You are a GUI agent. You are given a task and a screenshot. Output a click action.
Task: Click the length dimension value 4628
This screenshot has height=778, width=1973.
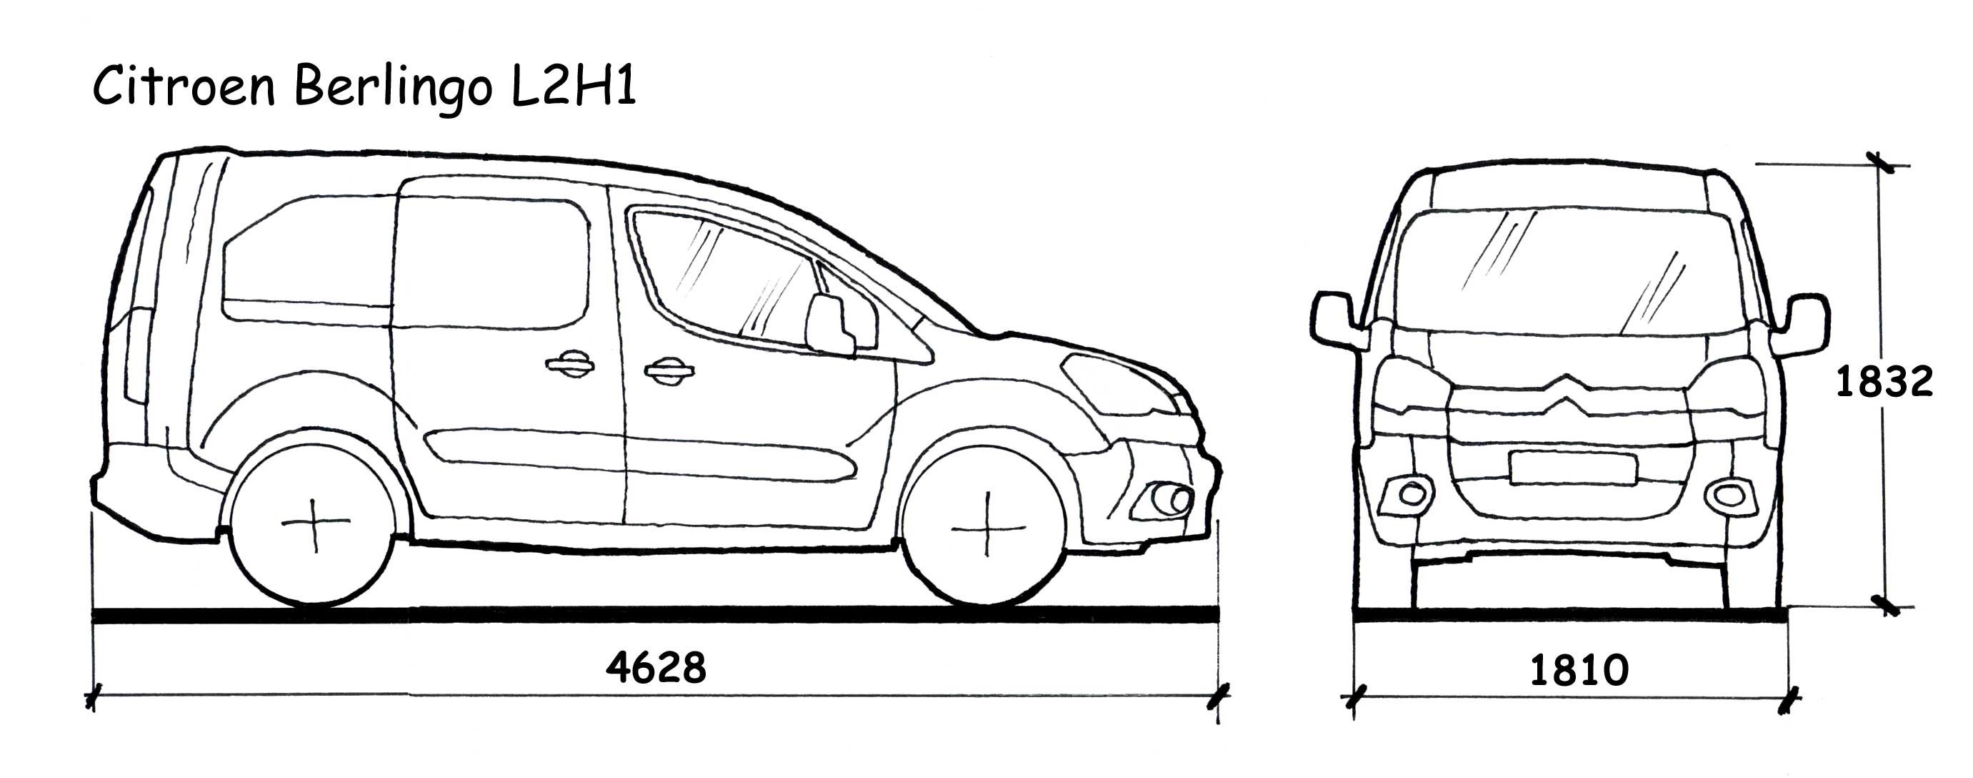click(656, 668)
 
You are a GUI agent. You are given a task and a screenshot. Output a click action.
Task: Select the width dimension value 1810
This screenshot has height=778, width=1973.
click(1579, 671)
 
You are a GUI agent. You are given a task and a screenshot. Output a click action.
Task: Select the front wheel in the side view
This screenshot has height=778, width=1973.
click(986, 527)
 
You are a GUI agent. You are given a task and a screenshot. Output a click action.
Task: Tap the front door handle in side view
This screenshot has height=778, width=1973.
click(669, 371)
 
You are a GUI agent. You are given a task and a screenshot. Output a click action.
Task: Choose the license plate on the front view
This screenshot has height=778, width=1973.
click(1573, 468)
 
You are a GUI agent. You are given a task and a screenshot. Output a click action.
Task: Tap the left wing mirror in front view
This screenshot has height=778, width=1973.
click(1337, 320)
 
